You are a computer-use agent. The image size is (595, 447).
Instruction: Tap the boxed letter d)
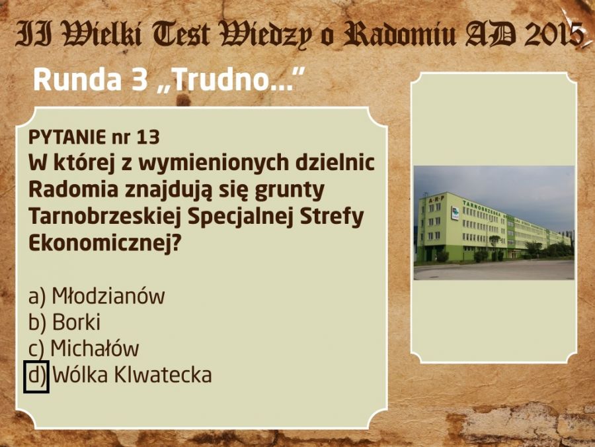pos(36,376)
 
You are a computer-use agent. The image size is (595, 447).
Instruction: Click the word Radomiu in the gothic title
pos(399,34)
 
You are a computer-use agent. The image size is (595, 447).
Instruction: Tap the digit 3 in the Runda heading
pos(139,80)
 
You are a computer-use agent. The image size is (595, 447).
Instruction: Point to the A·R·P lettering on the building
pos(436,199)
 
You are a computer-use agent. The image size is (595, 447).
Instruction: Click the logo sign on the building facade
pos(455,213)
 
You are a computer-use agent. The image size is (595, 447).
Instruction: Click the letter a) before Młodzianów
pos(37,297)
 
